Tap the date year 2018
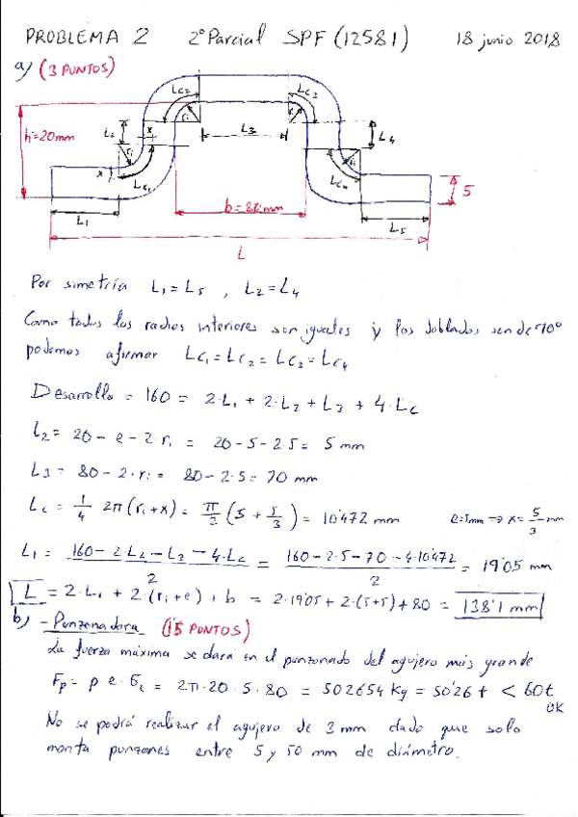538,40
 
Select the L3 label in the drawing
248,128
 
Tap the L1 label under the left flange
81,221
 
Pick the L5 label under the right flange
399,228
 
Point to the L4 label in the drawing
386,137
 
